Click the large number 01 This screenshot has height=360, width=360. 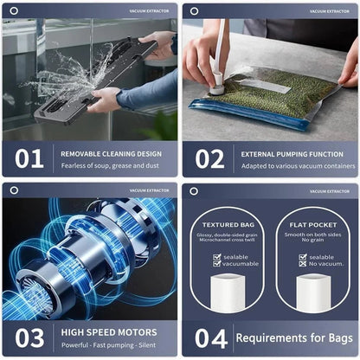click(x=29, y=158)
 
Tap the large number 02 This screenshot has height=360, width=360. click(x=209, y=158)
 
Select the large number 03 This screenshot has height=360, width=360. click(x=29, y=337)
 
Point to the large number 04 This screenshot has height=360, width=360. click(x=209, y=337)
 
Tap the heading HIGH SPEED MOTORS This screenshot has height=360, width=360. click(x=108, y=331)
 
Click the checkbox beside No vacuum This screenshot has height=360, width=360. click(x=301, y=263)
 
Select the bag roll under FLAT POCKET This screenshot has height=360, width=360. click(x=312, y=292)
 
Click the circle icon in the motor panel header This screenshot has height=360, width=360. click(x=14, y=190)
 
